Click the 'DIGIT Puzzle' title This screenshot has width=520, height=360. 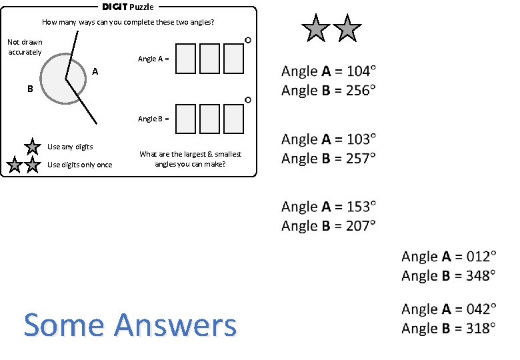(127, 7)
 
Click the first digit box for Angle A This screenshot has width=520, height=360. (186, 59)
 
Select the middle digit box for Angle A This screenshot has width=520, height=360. (210, 59)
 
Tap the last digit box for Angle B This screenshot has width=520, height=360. (233, 119)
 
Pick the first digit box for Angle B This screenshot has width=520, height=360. (186, 119)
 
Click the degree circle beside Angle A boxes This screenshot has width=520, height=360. (248, 41)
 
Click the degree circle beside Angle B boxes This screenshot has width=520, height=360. (248, 100)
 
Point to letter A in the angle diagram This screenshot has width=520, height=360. (95, 71)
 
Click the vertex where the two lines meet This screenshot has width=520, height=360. (65, 79)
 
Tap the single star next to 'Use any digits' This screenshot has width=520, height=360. (32, 147)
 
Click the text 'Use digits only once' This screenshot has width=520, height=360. (80, 165)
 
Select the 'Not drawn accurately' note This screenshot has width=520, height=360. (25, 47)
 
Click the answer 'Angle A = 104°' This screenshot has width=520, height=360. (329, 71)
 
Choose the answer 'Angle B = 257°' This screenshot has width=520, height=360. (329, 159)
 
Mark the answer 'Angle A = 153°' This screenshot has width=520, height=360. (329, 206)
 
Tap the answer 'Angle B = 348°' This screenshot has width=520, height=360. (449, 275)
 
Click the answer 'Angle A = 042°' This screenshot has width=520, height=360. (449, 309)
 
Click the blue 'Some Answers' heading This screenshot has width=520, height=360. (130, 325)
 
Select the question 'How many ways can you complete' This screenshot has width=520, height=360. (128, 22)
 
